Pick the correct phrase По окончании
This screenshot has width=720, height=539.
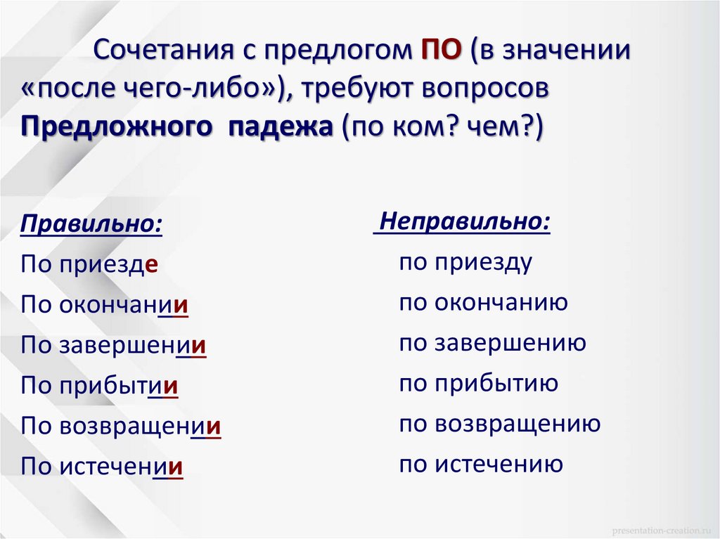[105, 305]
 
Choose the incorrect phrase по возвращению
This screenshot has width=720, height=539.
[500, 424]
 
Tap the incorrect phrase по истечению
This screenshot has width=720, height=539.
[481, 464]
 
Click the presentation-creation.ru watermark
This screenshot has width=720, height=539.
[660, 528]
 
